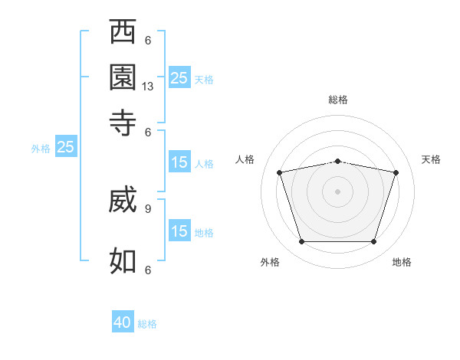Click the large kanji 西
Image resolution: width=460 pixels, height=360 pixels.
(123, 31)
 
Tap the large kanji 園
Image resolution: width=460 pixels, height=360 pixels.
(123, 77)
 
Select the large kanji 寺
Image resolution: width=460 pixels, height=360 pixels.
(123, 123)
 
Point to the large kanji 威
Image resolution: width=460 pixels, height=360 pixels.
(123, 199)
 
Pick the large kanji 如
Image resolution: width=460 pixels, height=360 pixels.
(123, 261)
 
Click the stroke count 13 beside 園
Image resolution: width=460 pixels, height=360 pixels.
(147, 87)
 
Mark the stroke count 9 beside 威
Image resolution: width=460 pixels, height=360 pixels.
(148, 209)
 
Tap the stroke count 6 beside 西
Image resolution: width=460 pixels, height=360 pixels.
(148, 41)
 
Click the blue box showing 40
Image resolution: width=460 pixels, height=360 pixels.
(123, 321)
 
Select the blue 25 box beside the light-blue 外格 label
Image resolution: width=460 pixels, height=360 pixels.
(66, 146)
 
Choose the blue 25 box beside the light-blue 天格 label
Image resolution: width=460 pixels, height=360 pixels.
(179, 77)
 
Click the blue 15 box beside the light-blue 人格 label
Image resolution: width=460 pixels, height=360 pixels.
(179, 162)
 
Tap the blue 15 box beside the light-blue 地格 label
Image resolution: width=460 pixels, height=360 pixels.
(179, 230)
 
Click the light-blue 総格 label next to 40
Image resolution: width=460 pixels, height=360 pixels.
(147, 324)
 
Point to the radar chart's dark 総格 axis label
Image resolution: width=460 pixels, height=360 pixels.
(338, 100)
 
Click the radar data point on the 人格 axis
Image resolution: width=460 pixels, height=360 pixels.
(279, 172)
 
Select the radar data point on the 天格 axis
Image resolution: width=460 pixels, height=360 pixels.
(396, 172)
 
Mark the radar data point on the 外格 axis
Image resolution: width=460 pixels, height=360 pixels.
(301, 241)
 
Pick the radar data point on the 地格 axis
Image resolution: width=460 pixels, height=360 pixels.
(373, 241)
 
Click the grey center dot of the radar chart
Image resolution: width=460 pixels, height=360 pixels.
(337, 191)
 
